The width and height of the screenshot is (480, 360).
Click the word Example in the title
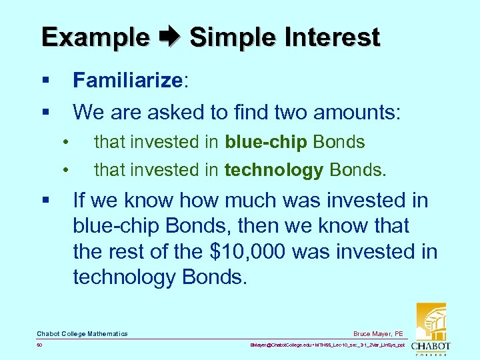click(x=95, y=37)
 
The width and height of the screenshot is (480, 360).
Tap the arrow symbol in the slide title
click(x=169, y=37)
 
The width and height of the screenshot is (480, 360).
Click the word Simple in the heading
click(x=231, y=37)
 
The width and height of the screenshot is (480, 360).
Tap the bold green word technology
click(x=273, y=171)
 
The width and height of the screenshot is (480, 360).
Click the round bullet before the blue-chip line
click(x=66, y=142)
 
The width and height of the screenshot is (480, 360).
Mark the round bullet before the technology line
click(x=66, y=171)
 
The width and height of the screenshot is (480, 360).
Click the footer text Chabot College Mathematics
click(x=82, y=333)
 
